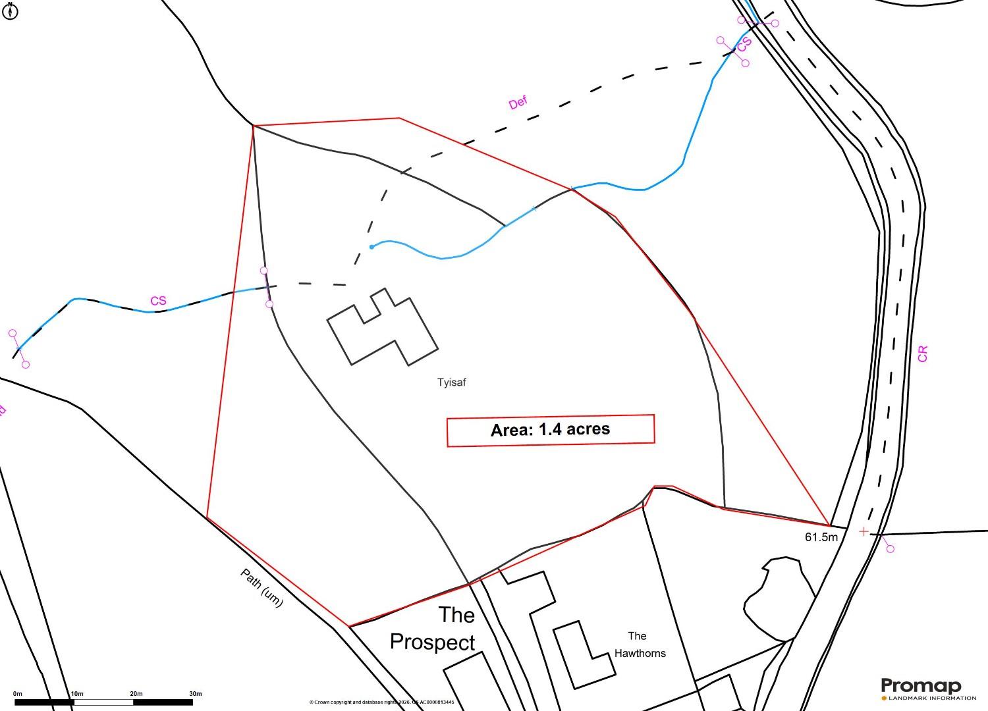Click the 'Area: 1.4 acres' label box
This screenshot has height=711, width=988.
tap(551, 431)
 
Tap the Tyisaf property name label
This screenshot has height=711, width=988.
tap(451, 382)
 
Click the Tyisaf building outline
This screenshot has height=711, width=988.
tap(383, 329)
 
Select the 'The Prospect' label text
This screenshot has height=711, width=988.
tap(433, 628)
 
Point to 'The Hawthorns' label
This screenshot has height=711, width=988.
tap(639, 645)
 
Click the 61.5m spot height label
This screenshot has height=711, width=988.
tap(821, 537)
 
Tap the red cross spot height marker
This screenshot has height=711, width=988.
tap(864, 531)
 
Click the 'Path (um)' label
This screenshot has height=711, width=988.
tap(261, 588)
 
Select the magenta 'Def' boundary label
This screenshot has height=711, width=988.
tap(518, 103)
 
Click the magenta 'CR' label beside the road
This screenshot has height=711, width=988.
tap(922, 354)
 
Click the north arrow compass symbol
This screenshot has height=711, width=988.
tap(10, 11)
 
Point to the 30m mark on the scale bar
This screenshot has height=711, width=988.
tap(195, 694)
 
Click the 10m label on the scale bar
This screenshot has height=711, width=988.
tap(77, 694)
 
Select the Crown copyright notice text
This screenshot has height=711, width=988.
tap(381, 702)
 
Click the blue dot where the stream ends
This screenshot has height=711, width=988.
tap(372, 247)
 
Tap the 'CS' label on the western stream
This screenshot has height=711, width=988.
tap(158, 301)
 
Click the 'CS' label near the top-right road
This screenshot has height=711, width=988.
tap(744, 45)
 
